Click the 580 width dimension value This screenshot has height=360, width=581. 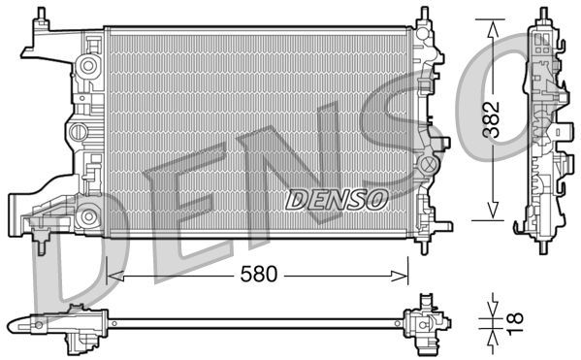257,275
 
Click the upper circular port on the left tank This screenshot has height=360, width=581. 88,66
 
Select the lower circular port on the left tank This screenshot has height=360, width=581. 88,215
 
